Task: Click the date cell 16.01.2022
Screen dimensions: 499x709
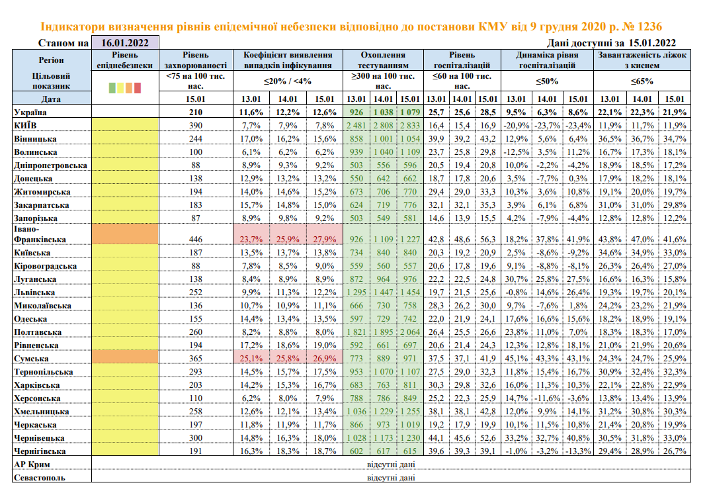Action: pyautogui.click(x=125, y=43)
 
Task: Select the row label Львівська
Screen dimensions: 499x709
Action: pyautogui.click(x=37, y=293)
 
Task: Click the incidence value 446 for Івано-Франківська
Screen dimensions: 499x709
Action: pyautogui.click(x=196, y=238)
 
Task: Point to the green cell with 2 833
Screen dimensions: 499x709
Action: pyautogui.click(x=409, y=126)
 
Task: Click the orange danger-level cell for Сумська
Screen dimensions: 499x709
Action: pyautogui.click(x=125, y=358)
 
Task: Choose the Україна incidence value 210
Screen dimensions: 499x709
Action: pyautogui.click(x=196, y=113)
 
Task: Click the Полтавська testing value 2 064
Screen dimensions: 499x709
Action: pyautogui.click(x=409, y=332)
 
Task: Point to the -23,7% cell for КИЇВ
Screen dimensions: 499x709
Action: pyautogui.click(x=547, y=126)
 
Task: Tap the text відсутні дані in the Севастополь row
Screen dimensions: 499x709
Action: pyautogui.click(x=390, y=478)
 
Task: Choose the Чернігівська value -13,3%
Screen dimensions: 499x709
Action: pyautogui.click(x=578, y=451)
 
